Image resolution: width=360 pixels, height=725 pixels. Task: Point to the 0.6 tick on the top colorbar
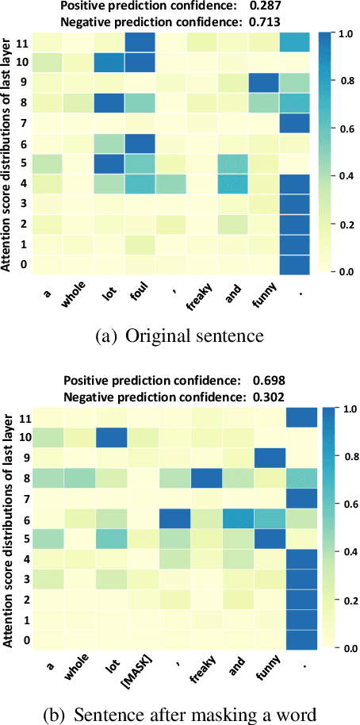click(346, 127)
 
